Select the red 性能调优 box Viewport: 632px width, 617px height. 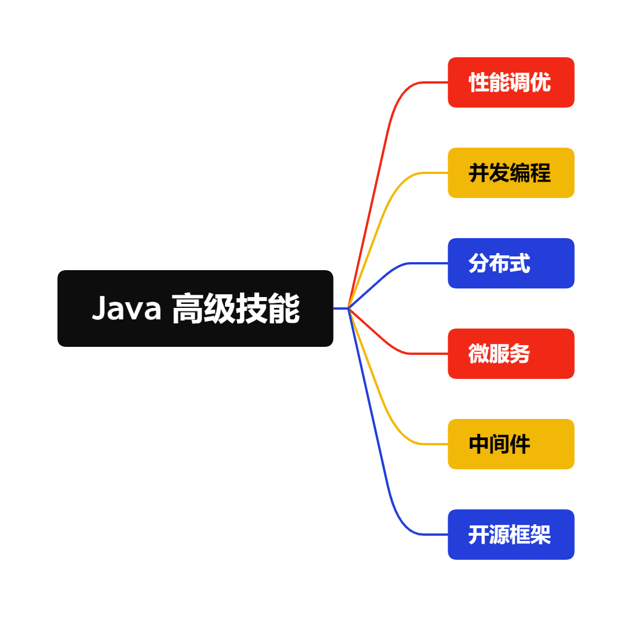tap(511, 82)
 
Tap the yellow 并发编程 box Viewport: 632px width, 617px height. tap(511, 173)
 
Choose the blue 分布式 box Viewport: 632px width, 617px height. tap(511, 263)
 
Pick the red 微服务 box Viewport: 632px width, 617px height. tap(511, 354)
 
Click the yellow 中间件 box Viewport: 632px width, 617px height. tap(511, 444)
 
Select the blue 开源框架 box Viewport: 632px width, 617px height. tap(511, 535)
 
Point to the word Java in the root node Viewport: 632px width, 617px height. tap(127, 308)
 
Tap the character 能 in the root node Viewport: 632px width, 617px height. tap(284, 308)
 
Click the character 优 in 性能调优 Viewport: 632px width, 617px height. tap(541, 83)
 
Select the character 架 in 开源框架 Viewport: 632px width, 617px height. tap(541, 535)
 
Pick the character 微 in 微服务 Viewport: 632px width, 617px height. tap(479, 354)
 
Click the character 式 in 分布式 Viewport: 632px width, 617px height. tap(520, 264)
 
